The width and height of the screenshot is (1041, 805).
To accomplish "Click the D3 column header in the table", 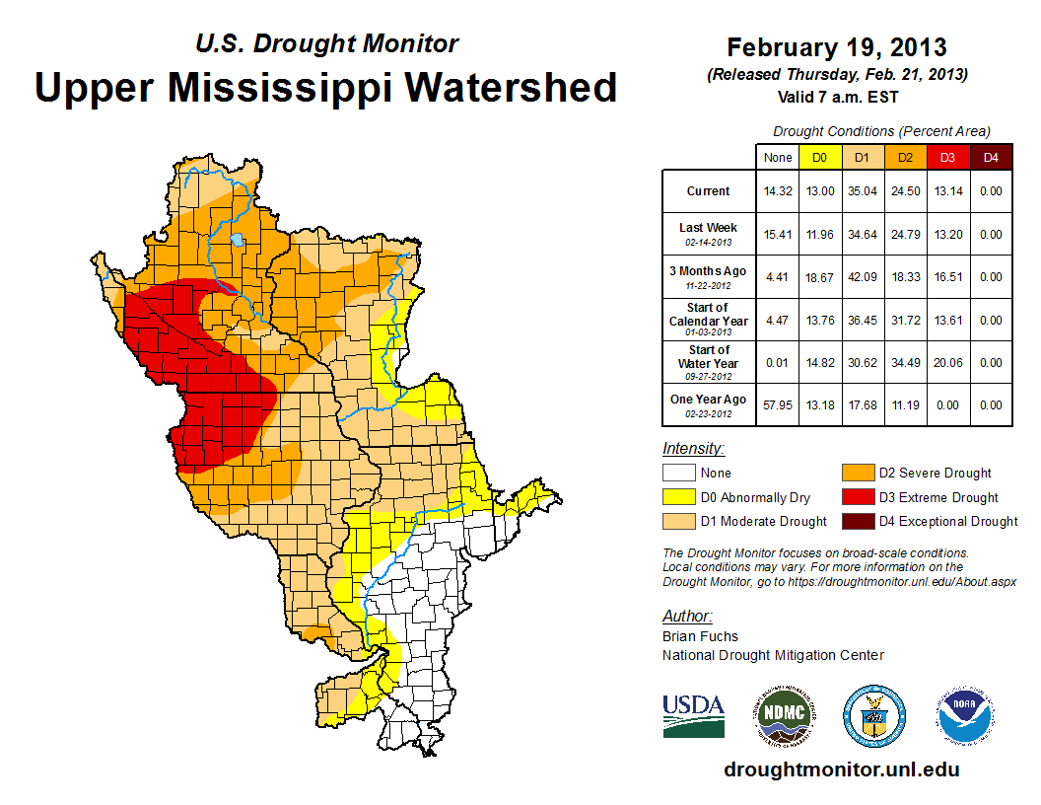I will pyautogui.click(x=946, y=157).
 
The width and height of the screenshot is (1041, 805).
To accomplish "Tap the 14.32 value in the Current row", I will pyautogui.click(x=778, y=191).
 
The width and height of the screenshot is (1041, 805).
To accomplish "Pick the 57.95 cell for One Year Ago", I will pyautogui.click(x=778, y=404).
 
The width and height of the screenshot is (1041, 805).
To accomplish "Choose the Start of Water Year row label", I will pyautogui.click(x=709, y=356).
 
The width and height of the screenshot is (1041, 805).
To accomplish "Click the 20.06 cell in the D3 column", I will pyautogui.click(x=946, y=362).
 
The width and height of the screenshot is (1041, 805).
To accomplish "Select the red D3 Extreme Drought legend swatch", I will pyautogui.click(x=856, y=497).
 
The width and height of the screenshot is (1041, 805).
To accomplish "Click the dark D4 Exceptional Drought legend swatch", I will pyautogui.click(x=856, y=521).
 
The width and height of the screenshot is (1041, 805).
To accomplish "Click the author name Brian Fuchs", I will pyautogui.click(x=700, y=636).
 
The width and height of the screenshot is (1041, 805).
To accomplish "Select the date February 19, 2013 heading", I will pyautogui.click(x=836, y=47).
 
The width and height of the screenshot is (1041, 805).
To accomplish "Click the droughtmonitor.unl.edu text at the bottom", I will pyautogui.click(x=841, y=769).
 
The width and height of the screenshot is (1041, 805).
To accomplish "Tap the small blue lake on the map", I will pyautogui.click(x=237, y=239).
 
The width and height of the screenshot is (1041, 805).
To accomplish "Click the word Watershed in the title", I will pyautogui.click(x=510, y=88).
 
